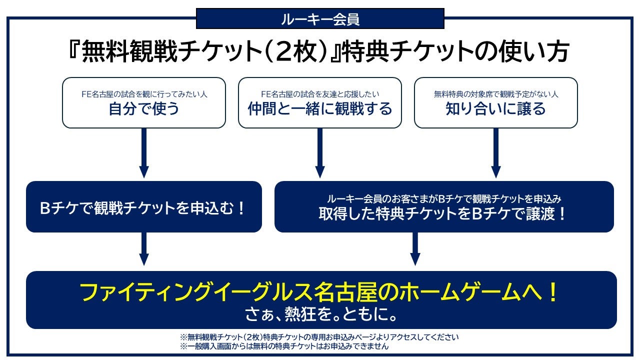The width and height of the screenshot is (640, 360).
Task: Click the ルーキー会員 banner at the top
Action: tap(320, 18)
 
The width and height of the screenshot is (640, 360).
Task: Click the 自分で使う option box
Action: tap(144, 103)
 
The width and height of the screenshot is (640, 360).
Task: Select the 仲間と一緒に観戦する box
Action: tap(320, 103)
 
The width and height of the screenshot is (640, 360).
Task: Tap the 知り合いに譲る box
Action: tap(496, 103)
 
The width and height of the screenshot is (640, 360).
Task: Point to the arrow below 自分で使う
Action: tap(144, 153)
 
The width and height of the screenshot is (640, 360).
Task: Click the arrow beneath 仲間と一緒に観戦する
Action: tap(320, 153)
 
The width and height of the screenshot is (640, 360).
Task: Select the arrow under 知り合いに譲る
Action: tap(496, 153)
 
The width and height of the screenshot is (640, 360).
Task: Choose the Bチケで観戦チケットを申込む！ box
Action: tap(144, 207)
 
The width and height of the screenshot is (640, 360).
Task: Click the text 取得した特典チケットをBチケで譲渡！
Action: tap(441, 213)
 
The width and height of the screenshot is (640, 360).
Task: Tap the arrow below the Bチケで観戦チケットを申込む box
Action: tap(144, 249)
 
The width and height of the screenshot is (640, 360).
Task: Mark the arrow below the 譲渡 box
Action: tap(415, 249)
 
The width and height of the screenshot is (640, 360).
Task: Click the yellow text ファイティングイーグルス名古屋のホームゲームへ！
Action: tap(319, 292)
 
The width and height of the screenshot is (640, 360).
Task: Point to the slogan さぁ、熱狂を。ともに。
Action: tap(321, 314)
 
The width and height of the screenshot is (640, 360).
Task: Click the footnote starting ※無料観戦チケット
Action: tap(319, 337)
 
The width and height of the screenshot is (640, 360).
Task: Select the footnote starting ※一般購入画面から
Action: tap(284, 346)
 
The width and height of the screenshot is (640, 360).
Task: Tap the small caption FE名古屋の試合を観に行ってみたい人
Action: tap(144, 94)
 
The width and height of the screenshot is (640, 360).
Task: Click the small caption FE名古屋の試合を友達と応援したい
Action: tap(320, 94)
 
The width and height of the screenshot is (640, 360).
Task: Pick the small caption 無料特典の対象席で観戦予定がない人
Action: tap(496, 94)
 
